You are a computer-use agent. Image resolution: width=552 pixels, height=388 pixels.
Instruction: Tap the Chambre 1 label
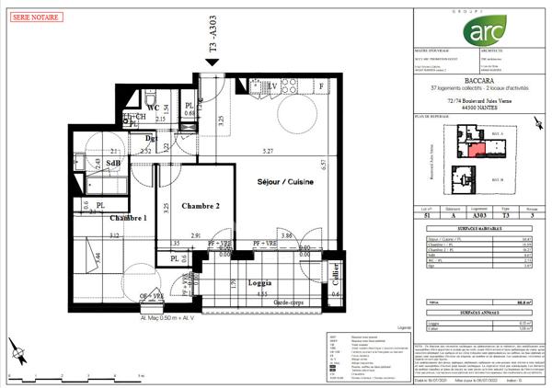pyautogui.click(x=129, y=218)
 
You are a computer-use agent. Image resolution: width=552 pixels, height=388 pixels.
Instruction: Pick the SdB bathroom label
pyautogui.click(x=114, y=163)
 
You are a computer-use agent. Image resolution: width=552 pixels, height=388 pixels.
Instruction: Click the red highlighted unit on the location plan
pyautogui.click(x=476, y=151)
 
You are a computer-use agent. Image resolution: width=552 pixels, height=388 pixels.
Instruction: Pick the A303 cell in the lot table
pyautogui.click(x=470, y=217)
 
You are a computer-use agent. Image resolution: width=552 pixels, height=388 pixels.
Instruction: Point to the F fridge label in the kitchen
pyautogui.click(x=320, y=86)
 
